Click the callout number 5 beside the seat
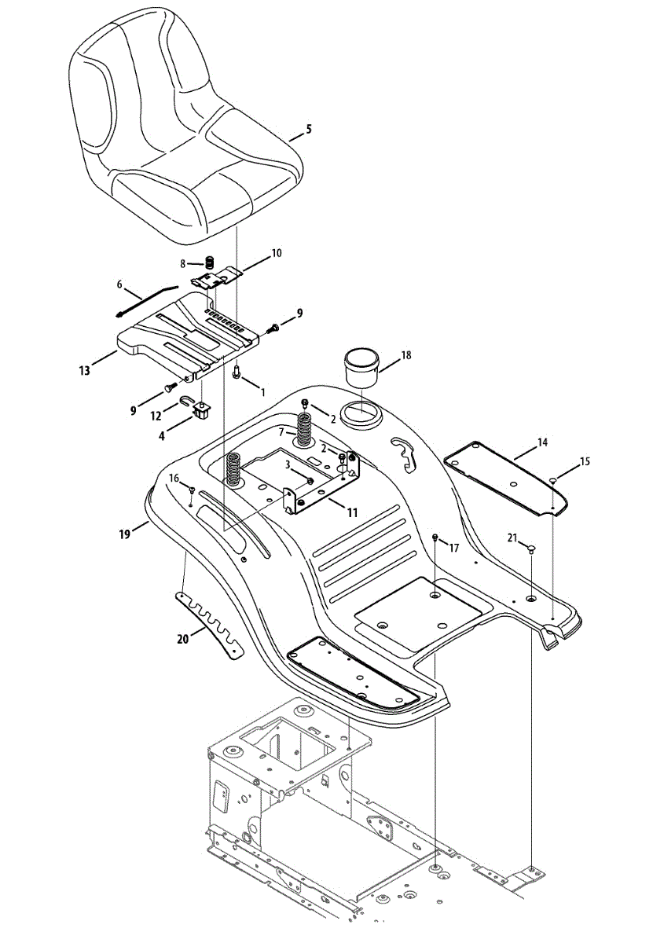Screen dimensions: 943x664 point(308,129)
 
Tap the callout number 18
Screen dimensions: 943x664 point(405,355)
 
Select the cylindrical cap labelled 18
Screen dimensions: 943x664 point(362,368)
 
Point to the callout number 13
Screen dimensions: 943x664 point(83,368)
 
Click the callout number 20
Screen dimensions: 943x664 point(183,639)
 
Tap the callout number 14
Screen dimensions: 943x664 point(542,443)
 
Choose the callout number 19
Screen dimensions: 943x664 point(124,534)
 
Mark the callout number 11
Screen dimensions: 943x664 point(352,512)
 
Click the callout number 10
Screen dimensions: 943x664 point(276,253)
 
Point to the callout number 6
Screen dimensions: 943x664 point(120,284)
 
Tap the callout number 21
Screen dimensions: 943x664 point(512,538)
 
